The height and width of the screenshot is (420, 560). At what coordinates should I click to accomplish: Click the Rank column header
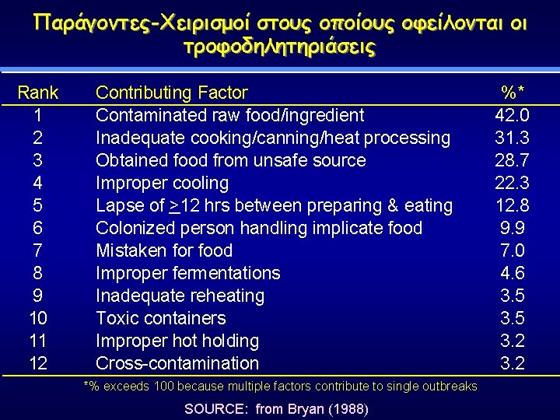(37, 93)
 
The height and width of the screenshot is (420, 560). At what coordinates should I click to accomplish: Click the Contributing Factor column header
(171, 93)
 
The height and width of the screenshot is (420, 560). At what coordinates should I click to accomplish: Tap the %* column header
(513, 93)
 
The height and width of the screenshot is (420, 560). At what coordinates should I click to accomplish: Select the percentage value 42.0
(513, 116)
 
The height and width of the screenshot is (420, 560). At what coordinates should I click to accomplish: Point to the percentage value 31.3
(513, 138)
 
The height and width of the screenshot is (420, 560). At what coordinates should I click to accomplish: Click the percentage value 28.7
(513, 161)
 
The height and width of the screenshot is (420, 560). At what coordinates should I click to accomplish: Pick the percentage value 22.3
(513, 184)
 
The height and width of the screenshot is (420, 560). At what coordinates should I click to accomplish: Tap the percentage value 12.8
(513, 206)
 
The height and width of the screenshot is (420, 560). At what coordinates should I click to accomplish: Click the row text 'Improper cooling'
(162, 184)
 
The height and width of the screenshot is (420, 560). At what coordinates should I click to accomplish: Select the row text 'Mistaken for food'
(164, 251)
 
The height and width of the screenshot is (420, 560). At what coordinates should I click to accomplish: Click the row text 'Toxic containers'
(160, 319)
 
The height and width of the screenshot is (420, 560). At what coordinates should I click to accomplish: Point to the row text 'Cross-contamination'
(177, 363)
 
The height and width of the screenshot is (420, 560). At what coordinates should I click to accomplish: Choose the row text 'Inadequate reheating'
(180, 296)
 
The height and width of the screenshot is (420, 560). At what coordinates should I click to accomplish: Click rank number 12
(37, 363)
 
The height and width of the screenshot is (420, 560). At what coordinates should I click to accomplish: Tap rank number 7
(37, 251)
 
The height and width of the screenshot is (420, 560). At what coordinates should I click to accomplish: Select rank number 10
(37, 319)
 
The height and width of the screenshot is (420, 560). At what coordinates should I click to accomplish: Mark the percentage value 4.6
(513, 274)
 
